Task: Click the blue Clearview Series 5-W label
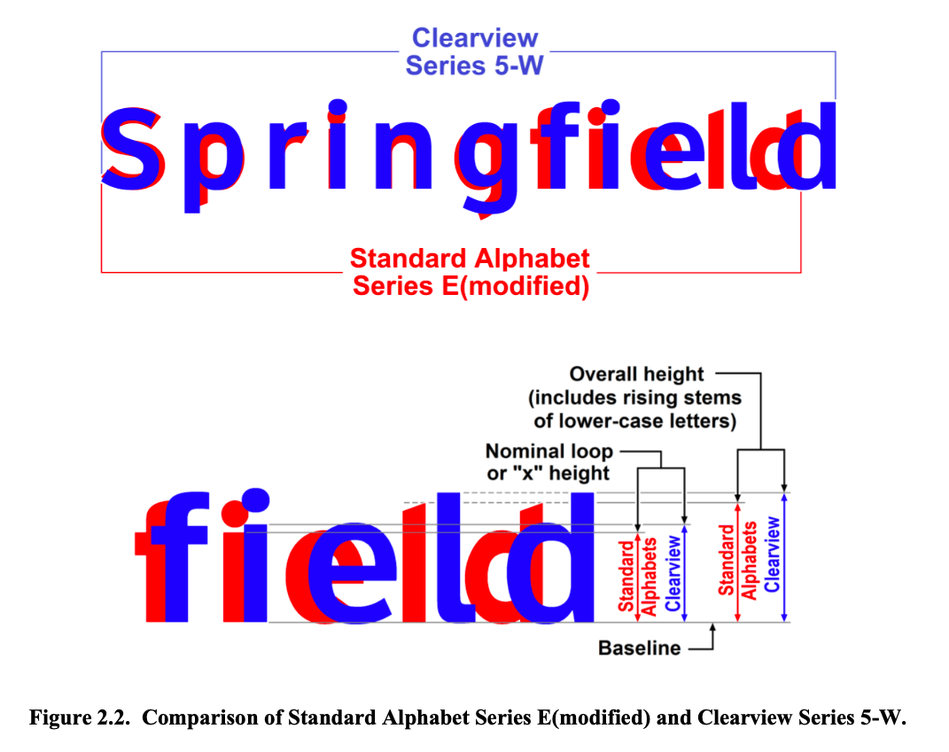coord(474,51)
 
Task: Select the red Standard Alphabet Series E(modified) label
coord(470,272)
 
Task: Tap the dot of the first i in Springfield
coord(337,108)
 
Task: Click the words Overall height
coord(636,375)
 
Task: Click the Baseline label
coord(639,648)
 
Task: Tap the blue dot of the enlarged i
coord(255,500)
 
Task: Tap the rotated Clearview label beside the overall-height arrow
coord(773,554)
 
